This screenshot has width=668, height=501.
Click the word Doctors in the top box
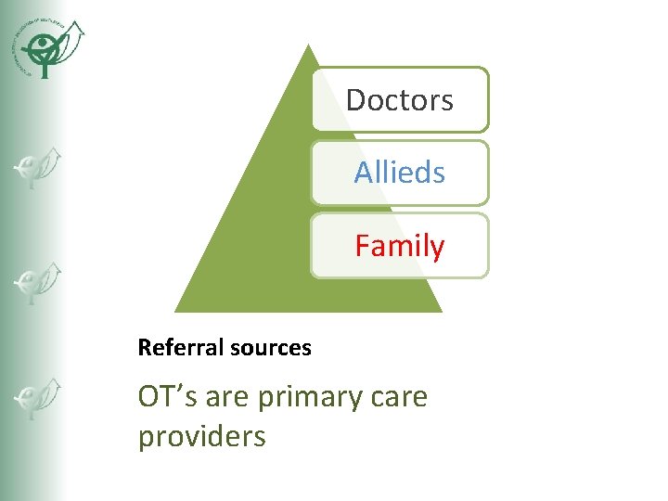pyautogui.click(x=400, y=100)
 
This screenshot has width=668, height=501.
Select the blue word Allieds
pyautogui.click(x=400, y=173)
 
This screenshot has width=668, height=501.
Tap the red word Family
pyautogui.click(x=400, y=247)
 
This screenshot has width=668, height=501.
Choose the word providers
pyautogui.click(x=201, y=437)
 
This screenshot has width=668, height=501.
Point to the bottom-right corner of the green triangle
pyautogui.click(x=442, y=312)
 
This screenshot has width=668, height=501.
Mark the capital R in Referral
pyautogui.click(x=143, y=348)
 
